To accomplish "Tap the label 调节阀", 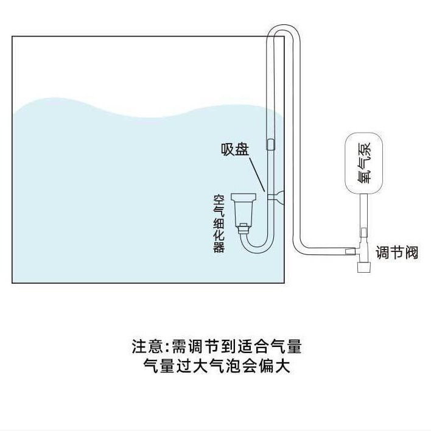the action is click(x=397, y=253).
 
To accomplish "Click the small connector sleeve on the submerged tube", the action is click(x=270, y=145).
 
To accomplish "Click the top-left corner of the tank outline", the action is click(x=13, y=37).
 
